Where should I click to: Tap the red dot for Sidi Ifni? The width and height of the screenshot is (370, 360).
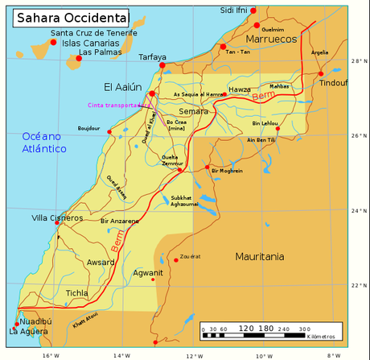(253, 10)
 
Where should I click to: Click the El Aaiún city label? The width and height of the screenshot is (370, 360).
(122, 86)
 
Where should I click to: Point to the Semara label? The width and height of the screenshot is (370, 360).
(194, 111)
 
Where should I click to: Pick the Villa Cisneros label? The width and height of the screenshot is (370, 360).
(57, 217)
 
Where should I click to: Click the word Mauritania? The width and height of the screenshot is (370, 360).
(259, 256)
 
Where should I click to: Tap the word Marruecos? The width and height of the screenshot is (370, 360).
(271, 38)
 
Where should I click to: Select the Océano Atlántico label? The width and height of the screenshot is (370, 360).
(44, 143)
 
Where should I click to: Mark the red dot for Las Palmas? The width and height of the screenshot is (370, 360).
(79, 58)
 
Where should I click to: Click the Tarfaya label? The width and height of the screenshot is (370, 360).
(152, 57)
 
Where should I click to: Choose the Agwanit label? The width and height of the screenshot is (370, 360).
(148, 273)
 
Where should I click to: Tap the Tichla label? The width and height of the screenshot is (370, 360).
(77, 293)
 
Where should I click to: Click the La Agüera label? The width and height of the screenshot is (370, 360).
(29, 330)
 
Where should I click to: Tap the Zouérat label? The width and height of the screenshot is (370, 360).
(190, 256)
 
